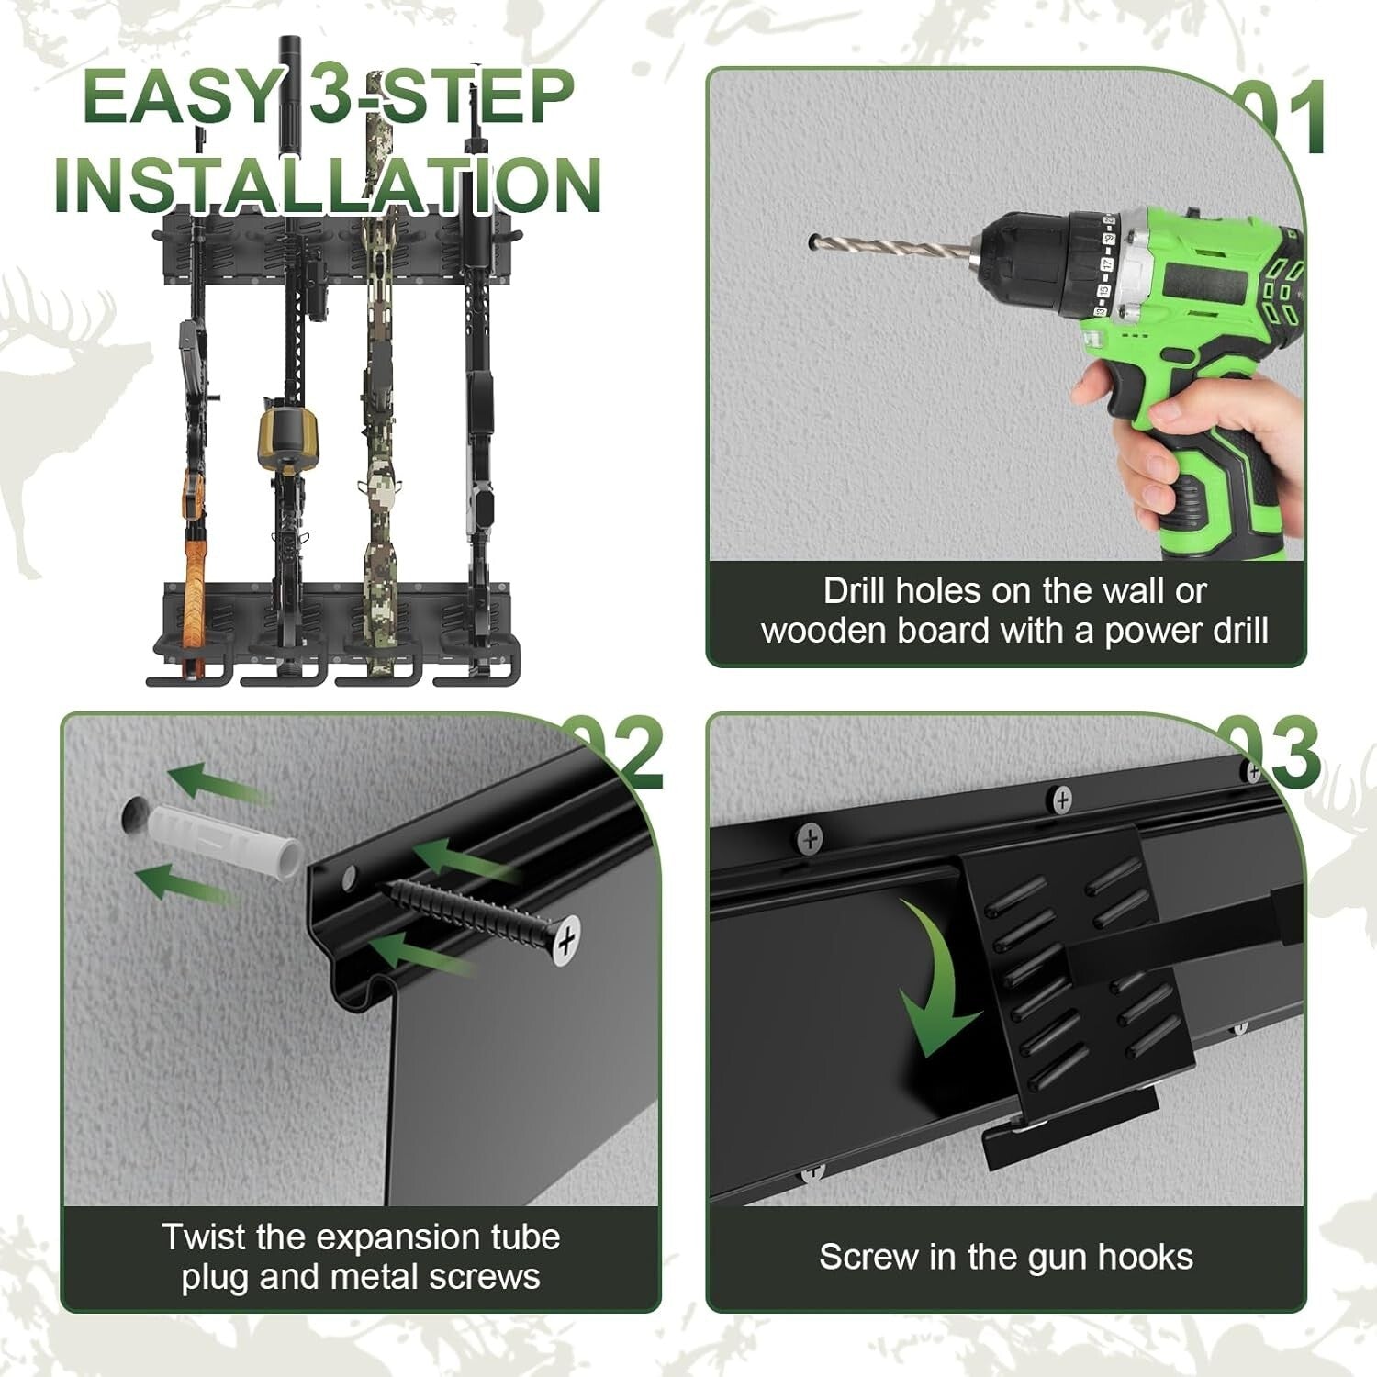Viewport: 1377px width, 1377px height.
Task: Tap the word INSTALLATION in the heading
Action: tap(328, 186)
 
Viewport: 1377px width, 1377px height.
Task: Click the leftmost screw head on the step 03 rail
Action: tap(810, 837)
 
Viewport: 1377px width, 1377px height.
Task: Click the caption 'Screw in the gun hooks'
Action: tap(1005, 1257)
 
